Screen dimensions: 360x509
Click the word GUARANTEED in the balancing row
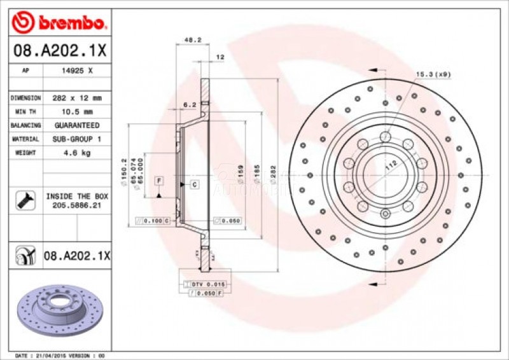point(76,125)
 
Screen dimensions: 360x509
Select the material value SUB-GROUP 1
point(76,139)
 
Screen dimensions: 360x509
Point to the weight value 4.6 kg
point(76,153)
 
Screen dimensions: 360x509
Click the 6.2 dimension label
point(189,104)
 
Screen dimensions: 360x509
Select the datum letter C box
point(195,184)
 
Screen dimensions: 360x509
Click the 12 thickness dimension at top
point(221,57)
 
